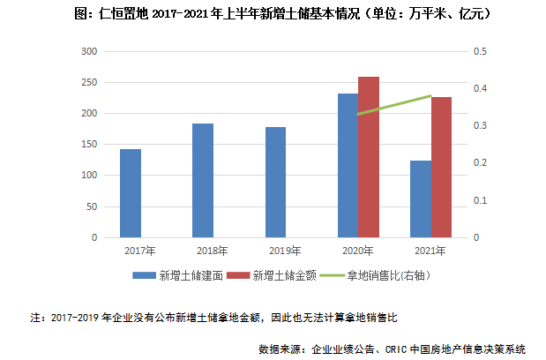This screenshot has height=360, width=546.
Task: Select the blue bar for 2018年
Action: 203,181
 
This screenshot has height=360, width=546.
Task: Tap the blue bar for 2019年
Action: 275,183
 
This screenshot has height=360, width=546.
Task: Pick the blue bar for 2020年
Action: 348,166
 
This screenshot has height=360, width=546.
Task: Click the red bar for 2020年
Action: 369,157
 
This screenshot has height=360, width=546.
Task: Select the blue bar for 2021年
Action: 421,199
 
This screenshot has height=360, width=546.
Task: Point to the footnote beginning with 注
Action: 221,315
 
